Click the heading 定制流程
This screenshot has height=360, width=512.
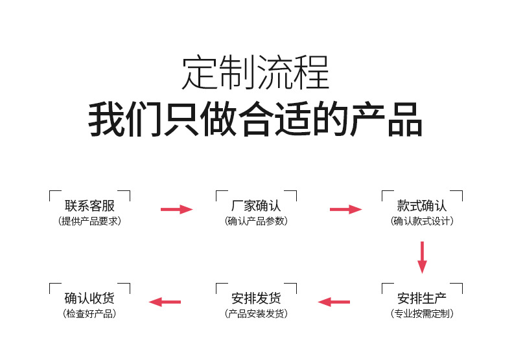pyautogui.click(x=255, y=73)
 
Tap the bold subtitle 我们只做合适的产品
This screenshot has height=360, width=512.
pyautogui.click(x=255, y=119)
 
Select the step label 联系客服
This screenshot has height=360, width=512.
pyautogui.click(x=90, y=206)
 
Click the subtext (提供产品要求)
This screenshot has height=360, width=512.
pyautogui.click(x=90, y=221)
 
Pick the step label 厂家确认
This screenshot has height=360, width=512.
pyautogui.click(x=256, y=206)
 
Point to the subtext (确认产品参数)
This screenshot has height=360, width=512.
pyautogui.click(x=256, y=221)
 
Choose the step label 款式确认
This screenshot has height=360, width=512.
pyautogui.click(x=422, y=206)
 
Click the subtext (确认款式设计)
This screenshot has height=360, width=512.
pyautogui.click(x=422, y=221)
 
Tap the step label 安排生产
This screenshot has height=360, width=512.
pyautogui.click(x=422, y=298)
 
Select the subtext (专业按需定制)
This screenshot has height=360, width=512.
pyautogui.click(x=422, y=314)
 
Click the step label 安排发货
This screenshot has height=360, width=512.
pyautogui.click(x=256, y=298)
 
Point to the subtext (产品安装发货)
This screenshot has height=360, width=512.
pyautogui.click(x=256, y=314)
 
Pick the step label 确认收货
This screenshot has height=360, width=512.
pyautogui.click(x=90, y=298)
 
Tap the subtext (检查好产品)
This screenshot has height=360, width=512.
pyautogui.click(x=90, y=314)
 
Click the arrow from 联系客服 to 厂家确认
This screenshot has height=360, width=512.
pyautogui.click(x=176, y=209)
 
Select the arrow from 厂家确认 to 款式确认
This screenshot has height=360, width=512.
pyautogui.click(x=345, y=209)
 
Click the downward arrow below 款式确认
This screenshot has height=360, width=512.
pyautogui.click(x=422, y=257)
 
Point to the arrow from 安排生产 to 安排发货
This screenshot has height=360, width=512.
pyautogui.click(x=334, y=302)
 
